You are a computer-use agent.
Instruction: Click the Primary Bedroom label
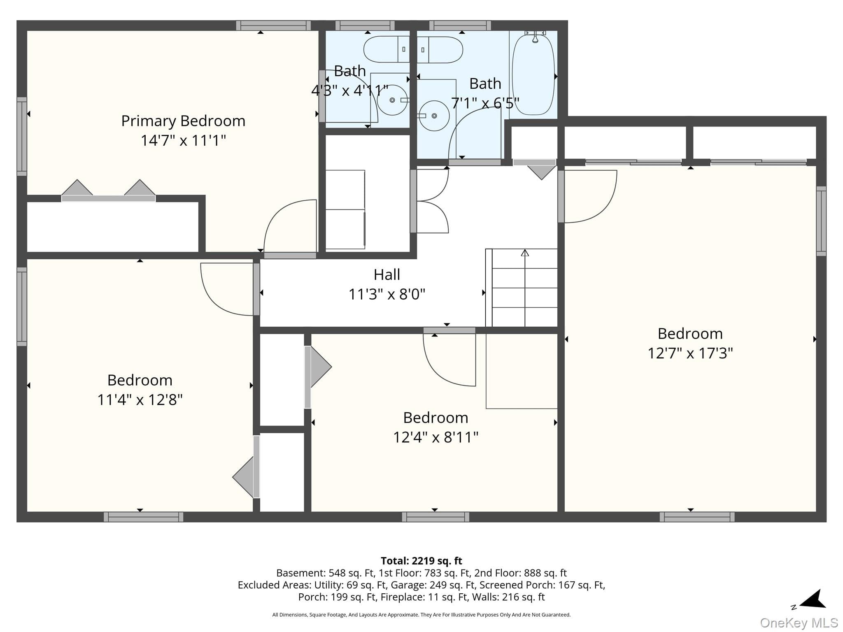tap(183, 121)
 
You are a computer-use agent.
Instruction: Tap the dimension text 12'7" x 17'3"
tap(690, 353)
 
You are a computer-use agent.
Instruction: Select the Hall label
tap(387, 274)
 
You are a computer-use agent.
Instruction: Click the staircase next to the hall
tap(522, 288)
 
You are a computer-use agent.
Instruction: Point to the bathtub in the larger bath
tap(533, 74)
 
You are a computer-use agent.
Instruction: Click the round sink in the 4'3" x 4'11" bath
tap(393, 100)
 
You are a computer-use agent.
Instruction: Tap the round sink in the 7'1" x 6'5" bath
tap(434, 116)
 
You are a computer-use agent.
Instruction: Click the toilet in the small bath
tap(386, 49)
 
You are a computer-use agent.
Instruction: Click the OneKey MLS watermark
tap(799, 623)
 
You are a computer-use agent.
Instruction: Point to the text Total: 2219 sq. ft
tap(421, 561)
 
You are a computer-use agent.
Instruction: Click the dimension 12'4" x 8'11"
tap(436, 437)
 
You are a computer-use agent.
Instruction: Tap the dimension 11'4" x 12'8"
tap(140, 400)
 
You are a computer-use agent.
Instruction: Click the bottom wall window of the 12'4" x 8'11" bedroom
tap(435, 517)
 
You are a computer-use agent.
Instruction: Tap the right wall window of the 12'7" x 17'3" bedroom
tap(821, 221)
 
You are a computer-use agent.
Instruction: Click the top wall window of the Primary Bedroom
tap(273, 26)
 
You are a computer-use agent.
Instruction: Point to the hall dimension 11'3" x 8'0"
tap(387, 294)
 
